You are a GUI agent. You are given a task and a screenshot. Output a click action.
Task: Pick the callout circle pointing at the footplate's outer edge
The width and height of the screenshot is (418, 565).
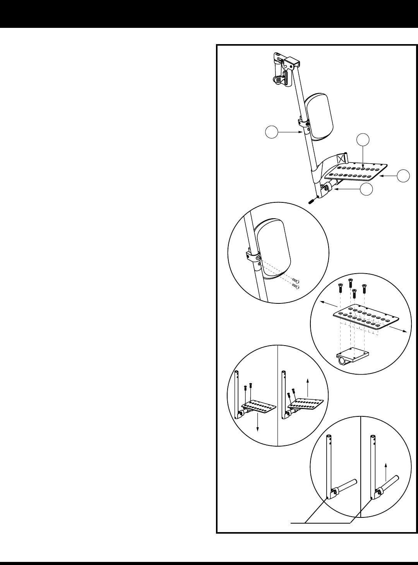(x=405, y=175)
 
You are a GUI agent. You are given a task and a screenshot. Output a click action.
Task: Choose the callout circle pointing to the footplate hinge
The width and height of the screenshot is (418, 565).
(x=367, y=189)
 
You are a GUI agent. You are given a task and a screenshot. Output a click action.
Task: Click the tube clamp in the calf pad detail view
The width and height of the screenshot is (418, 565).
(x=252, y=257)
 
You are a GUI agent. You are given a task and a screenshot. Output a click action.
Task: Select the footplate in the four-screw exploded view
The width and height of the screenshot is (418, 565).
(x=366, y=317)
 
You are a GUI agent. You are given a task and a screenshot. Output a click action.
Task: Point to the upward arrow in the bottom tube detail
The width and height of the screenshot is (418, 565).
(x=385, y=470)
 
